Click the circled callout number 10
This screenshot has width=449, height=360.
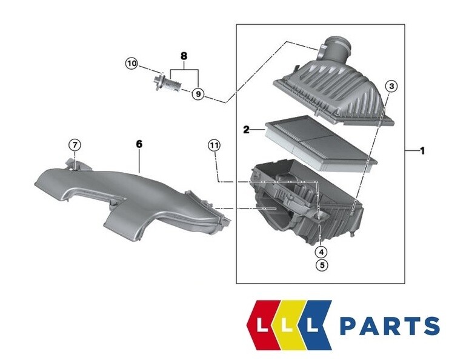coord(131,62)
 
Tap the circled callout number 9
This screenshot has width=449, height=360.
coord(198,94)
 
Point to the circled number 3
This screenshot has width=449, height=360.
coord(391,87)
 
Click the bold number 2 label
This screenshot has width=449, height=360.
coord(247,129)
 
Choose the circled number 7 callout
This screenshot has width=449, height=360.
coord(73,145)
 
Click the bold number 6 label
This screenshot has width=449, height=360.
coord(138,144)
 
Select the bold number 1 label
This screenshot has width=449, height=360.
coord(422,150)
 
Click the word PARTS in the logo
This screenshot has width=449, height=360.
coord(390,326)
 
